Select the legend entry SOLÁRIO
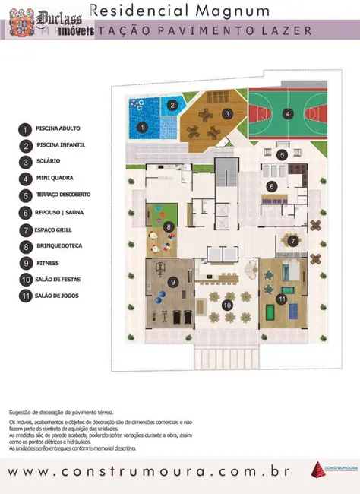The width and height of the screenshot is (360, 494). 47,161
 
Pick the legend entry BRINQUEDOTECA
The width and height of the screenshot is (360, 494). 58,245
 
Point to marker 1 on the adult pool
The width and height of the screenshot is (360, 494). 142,127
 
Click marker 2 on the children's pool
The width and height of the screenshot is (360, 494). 172,106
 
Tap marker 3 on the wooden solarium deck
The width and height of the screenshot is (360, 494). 226,113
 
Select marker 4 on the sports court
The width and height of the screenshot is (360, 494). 287,115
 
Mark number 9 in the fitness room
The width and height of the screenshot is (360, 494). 173,282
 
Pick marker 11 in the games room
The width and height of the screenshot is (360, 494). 281,299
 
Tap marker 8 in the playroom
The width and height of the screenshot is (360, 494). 168,226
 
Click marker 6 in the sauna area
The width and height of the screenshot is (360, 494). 271,185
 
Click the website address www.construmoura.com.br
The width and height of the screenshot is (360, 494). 147,472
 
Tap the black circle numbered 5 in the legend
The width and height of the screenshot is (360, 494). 26,195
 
